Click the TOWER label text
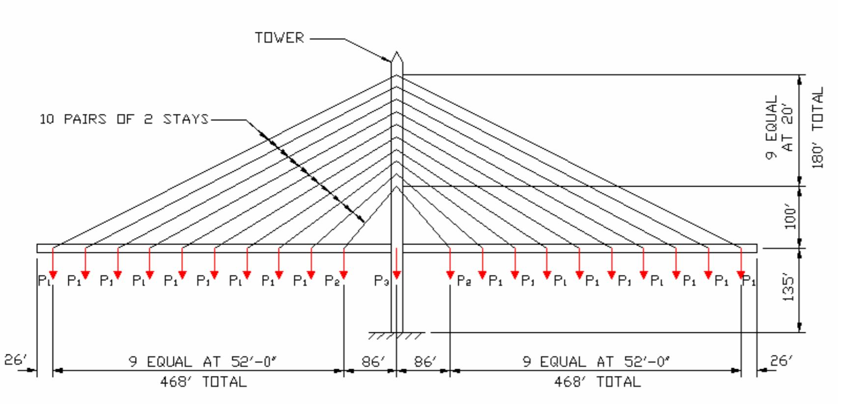pos(279,38)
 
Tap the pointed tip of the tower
pos(397,53)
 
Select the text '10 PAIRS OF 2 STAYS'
pos(124,119)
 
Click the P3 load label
pos(382,280)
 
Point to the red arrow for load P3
pos(396,265)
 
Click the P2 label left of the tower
pos(332,280)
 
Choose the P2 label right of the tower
pos(464,280)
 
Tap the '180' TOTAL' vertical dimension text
pos(817,128)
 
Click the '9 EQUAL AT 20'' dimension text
pos(779,127)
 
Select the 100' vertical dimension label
pos(790,217)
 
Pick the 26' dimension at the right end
pos(781,361)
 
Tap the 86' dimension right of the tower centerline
pos(425,362)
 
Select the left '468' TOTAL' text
pos(203,381)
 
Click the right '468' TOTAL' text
pos(597,381)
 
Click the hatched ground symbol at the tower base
pos(396,336)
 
